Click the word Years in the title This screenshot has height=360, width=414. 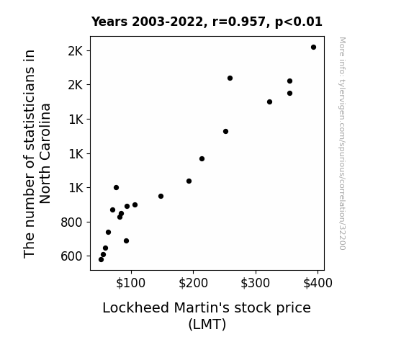(x=109, y=22)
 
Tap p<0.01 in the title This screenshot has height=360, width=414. (x=298, y=22)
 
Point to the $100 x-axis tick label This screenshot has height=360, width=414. (x=131, y=283)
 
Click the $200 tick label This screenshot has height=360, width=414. (x=193, y=283)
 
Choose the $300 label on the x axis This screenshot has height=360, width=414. (x=256, y=283)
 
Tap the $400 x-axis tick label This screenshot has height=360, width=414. (x=318, y=283)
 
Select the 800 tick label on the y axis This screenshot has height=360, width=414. (x=71, y=222)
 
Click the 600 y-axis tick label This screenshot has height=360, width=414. (x=71, y=256)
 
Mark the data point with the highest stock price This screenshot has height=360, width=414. (x=313, y=48)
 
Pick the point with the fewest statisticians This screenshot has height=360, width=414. (x=101, y=260)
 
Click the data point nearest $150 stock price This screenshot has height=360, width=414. (x=161, y=197)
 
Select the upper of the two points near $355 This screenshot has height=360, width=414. (x=289, y=81)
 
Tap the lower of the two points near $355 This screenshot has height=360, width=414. (x=289, y=93)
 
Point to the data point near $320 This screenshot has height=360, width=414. (x=269, y=102)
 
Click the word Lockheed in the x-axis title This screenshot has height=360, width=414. (x=135, y=308)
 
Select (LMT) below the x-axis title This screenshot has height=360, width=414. (x=207, y=324)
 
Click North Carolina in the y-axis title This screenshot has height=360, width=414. (x=45, y=153)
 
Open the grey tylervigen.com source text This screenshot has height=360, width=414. (x=342, y=143)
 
